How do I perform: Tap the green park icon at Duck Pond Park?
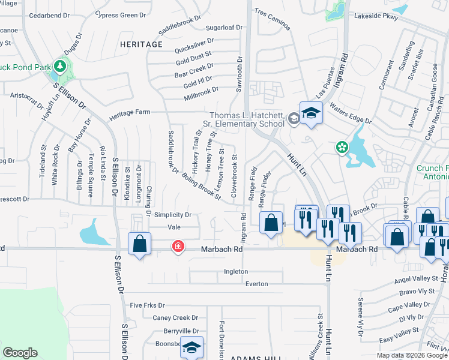click(x=59, y=65)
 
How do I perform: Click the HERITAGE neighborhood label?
click(x=141, y=44)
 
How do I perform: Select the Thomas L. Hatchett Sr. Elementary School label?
click(x=246, y=120)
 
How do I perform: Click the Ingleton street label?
click(x=235, y=271)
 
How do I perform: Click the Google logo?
click(x=20, y=353)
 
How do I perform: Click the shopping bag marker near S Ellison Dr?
click(x=140, y=244)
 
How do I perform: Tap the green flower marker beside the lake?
click(x=342, y=147)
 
